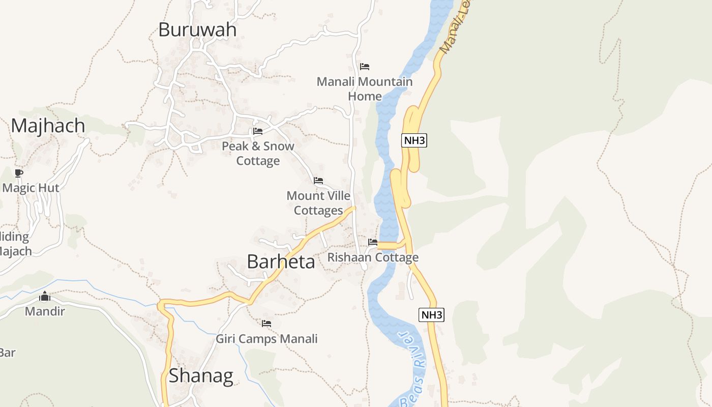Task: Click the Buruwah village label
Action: (x=197, y=30)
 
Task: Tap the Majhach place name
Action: (x=48, y=125)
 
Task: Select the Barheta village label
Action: (x=281, y=261)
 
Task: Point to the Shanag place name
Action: (x=201, y=375)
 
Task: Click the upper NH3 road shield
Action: (x=414, y=140)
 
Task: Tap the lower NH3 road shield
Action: (x=431, y=314)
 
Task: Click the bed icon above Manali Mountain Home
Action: (x=365, y=67)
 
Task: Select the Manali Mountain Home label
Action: (x=365, y=89)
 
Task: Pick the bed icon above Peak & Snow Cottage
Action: (x=258, y=131)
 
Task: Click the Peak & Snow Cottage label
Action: (x=258, y=153)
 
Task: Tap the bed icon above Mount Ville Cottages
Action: (x=318, y=181)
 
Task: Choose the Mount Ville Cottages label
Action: (x=318, y=202)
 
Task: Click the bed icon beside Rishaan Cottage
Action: (x=373, y=242)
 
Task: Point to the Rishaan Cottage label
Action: (x=373, y=257)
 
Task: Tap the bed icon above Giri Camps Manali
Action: (x=266, y=324)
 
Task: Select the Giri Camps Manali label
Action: (x=266, y=338)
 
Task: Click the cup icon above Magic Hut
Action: (x=19, y=173)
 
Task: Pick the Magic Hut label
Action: (x=31, y=188)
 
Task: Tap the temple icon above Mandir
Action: (x=45, y=296)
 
